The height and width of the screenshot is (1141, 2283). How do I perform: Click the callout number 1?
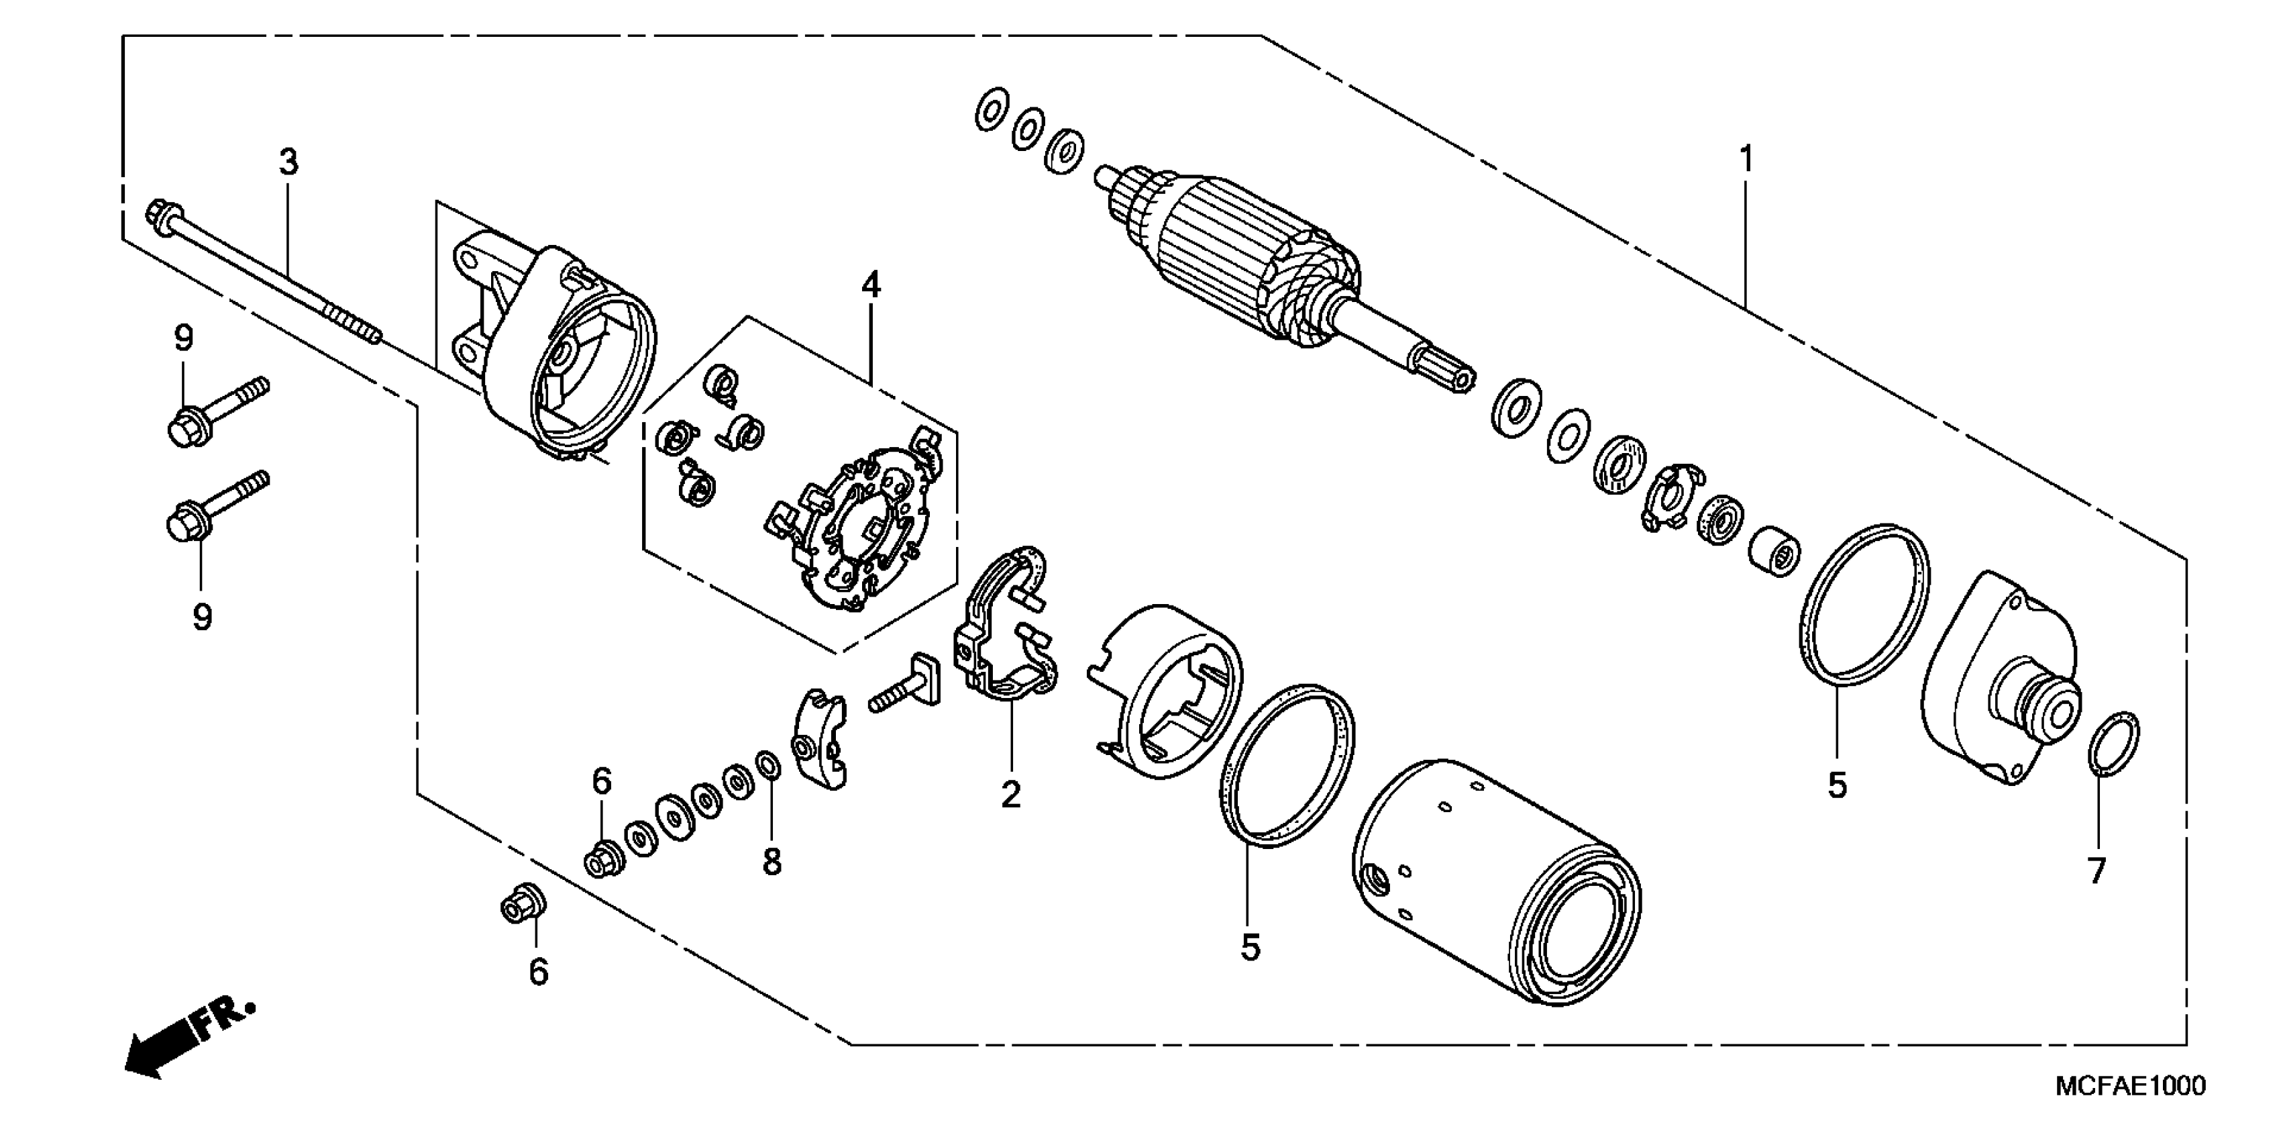(1746, 160)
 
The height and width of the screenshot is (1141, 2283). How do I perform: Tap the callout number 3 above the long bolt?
(289, 163)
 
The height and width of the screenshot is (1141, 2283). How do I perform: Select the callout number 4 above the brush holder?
(871, 285)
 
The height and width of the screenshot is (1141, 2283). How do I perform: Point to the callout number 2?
(1010, 795)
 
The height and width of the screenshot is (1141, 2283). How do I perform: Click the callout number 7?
(2096, 871)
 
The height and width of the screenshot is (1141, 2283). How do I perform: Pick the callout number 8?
(772, 861)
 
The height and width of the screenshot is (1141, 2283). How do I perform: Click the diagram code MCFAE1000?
(2129, 1085)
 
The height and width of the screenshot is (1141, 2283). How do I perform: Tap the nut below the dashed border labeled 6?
(522, 903)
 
